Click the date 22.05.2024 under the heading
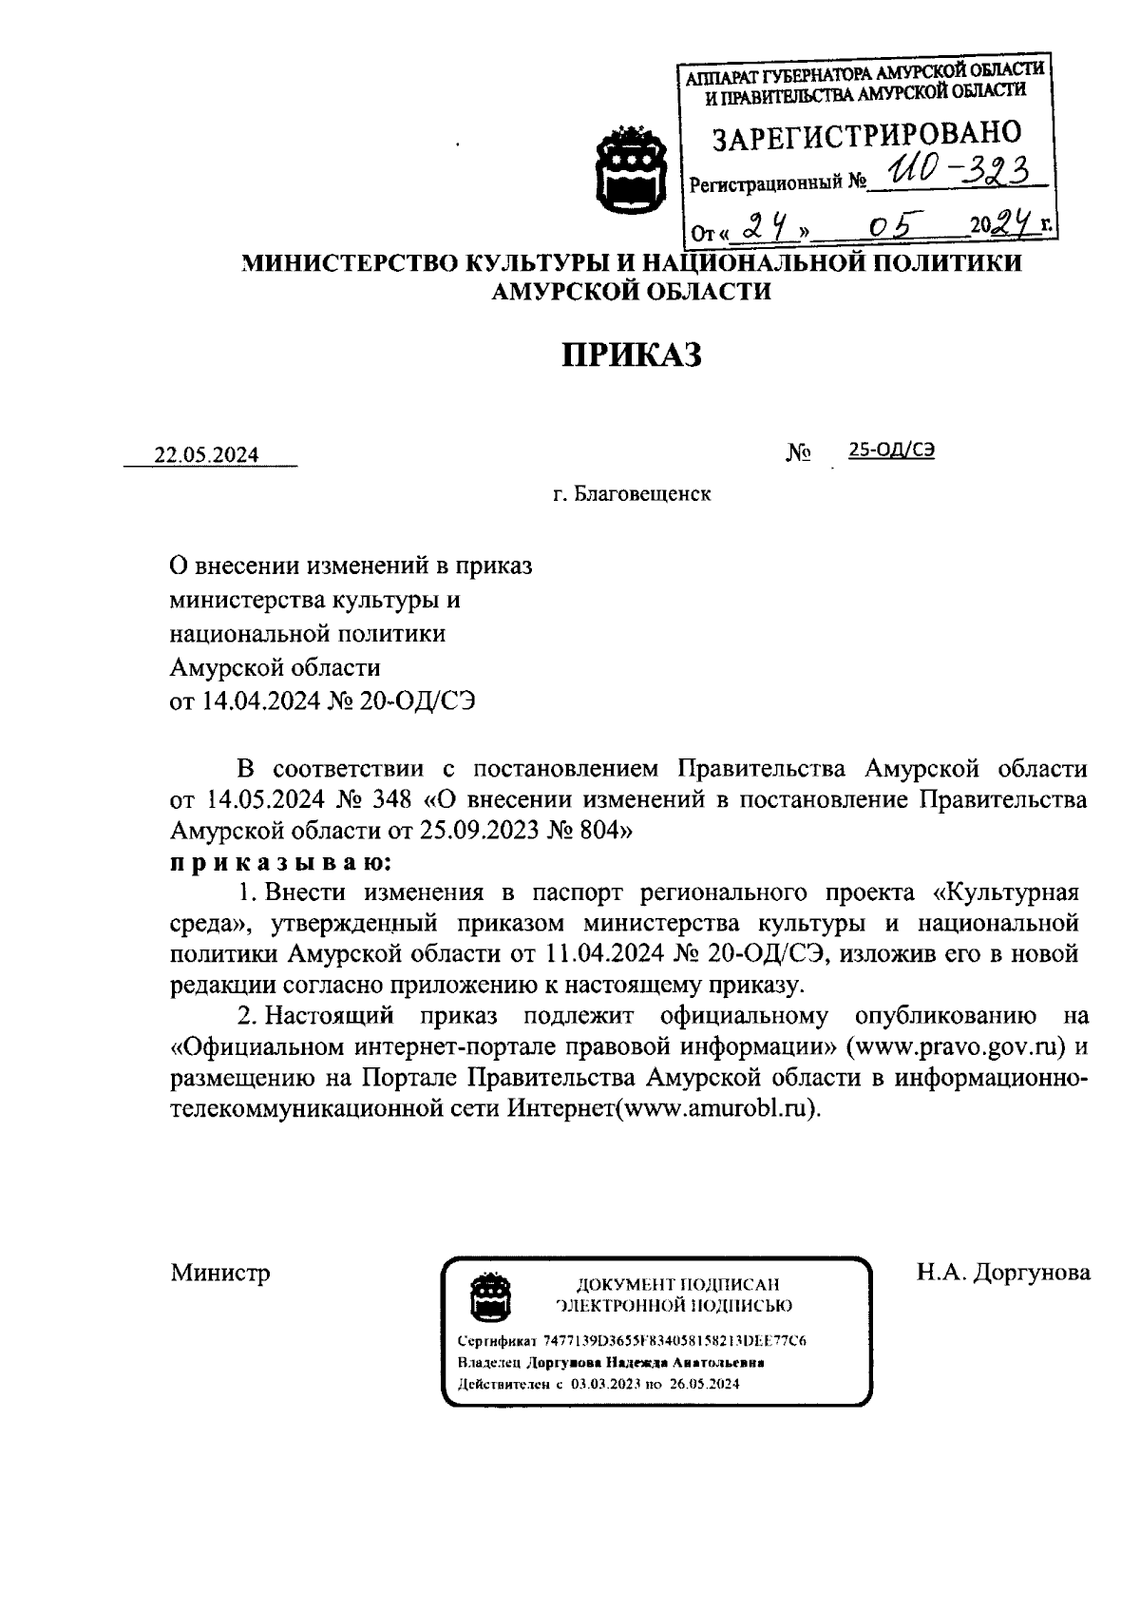(x=207, y=455)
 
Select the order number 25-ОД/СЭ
(x=891, y=451)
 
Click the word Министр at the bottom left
(x=220, y=1273)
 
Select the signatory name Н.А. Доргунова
(x=1003, y=1273)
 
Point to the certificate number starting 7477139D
(x=674, y=1341)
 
